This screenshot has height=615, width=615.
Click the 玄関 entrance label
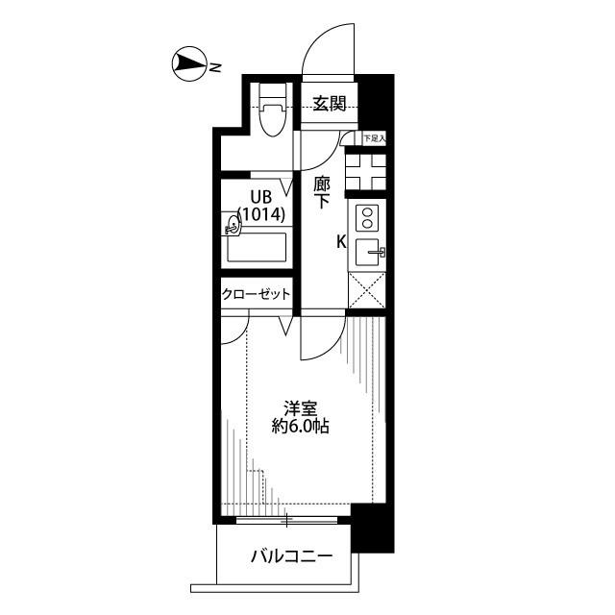[x=330, y=104]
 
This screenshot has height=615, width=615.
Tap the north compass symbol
[x=189, y=64]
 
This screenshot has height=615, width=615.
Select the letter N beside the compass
[x=215, y=68]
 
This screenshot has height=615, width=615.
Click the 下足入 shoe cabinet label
[x=375, y=138]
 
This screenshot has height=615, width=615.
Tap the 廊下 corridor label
[x=322, y=192]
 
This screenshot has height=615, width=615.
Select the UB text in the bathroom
[x=261, y=197]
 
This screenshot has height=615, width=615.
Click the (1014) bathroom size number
[x=261, y=214]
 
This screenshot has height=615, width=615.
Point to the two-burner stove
[x=367, y=218]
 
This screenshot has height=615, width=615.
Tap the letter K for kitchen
[x=342, y=242]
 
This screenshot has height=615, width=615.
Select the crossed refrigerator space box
[x=367, y=290]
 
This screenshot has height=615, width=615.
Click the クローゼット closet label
[x=257, y=294]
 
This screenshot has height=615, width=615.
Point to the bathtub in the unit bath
[x=258, y=247]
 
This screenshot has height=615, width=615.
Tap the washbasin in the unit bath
[x=231, y=224]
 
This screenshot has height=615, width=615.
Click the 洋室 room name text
[x=301, y=408]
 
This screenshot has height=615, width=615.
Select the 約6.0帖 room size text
[x=301, y=426]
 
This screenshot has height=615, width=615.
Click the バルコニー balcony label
[x=292, y=556]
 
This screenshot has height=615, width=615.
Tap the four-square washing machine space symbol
[x=366, y=172]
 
